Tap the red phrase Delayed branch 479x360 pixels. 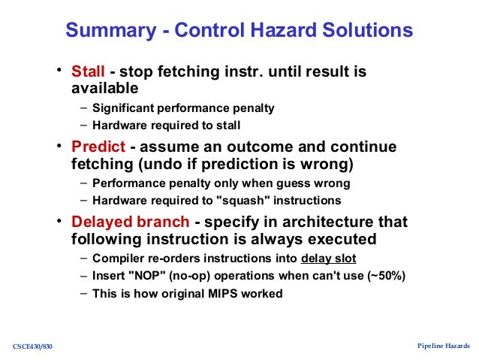pos(128,222)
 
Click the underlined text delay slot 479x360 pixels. pos(329,259)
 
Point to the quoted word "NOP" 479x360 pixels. pos(144,276)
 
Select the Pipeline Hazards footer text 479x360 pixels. pos(443,346)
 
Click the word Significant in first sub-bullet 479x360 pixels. pos(121,107)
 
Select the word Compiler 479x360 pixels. pos(116,259)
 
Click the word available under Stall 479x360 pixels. pos(104,89)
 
